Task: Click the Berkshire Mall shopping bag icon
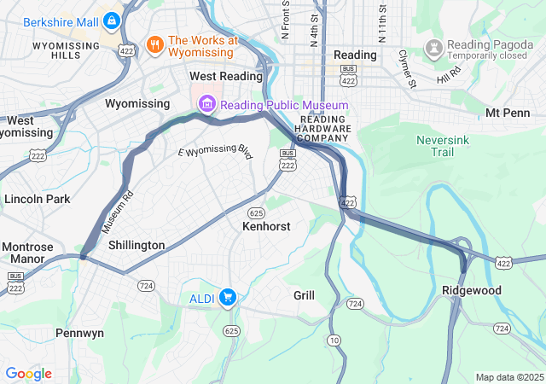pos(112,20)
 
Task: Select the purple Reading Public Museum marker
pos(206,105)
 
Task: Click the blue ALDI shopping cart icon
pos(227,297)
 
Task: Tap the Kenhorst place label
pos(266,227)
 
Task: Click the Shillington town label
pos(136,245)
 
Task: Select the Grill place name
pos(304,295)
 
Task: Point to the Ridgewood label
pos(472,291)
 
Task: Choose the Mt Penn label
pos(507,113)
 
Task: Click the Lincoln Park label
pos(37,199)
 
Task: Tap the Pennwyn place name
pos(79,332)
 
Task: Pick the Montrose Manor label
pos(27,253)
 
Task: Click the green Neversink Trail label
pos(442,145)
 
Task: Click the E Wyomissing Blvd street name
pos(216,153)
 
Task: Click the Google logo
pos(28,374)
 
